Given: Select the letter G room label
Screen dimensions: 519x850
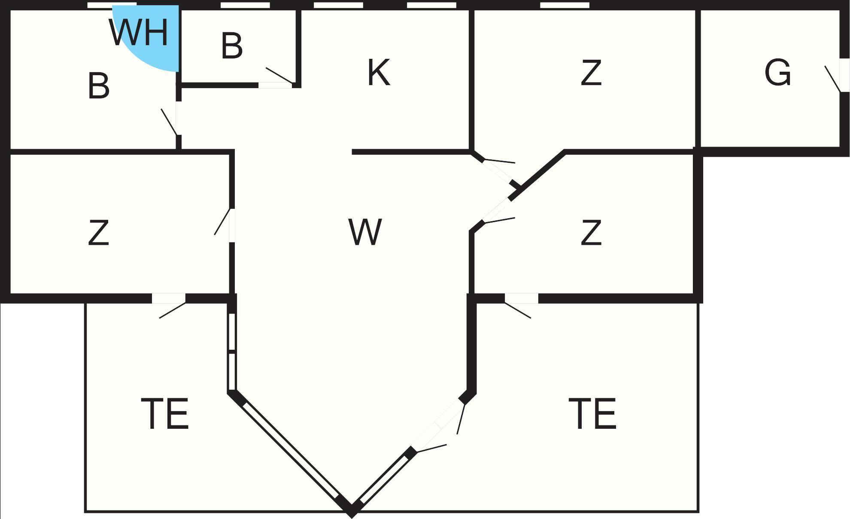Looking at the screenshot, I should click(x=777, y=72).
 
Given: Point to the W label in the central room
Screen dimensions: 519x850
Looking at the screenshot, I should click(x=365, y=232).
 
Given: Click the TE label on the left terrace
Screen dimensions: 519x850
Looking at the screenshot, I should click(x=165, y=414).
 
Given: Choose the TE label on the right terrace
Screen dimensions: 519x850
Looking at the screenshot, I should click(x=592, y=414).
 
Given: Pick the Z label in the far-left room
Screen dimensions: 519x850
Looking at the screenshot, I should click(x=98, y=232).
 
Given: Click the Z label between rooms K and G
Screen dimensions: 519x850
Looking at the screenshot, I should click(x=591, y=73).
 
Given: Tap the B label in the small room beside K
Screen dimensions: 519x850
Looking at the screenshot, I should click(x=232, y=46).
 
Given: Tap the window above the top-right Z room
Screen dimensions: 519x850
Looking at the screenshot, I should click(x=565, y=5).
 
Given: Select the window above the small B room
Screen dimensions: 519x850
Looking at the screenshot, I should click(x=245, y=5).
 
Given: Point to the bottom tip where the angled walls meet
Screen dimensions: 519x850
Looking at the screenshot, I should click(x=352, y=513).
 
